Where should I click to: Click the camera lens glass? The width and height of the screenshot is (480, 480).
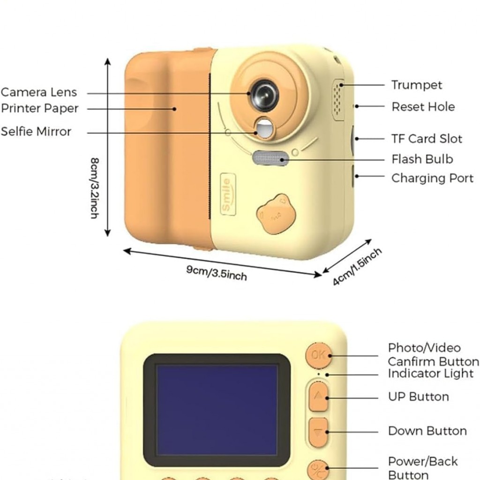pos(264,95)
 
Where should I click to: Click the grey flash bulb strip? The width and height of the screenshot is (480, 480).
pos(270,158)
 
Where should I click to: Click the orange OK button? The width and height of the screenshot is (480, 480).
pos(318,355)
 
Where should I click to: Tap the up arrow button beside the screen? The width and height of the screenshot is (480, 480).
pos(318,397)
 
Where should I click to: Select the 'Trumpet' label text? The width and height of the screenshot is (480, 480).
pos(417,85)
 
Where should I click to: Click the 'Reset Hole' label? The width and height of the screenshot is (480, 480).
pos(423,106)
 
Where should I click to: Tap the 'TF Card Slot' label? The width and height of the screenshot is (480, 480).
pos(427,139)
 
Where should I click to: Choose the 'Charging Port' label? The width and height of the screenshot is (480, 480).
pos(432,178)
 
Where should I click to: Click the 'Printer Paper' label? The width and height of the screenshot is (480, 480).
pos(39,108)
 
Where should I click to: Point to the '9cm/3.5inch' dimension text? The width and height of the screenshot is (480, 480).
pos(217,272)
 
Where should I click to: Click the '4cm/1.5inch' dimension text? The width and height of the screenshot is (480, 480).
pos(357,267)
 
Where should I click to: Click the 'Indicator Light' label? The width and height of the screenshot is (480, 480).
pos(430,374)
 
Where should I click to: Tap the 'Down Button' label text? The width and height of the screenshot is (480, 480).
pos(427,431)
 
